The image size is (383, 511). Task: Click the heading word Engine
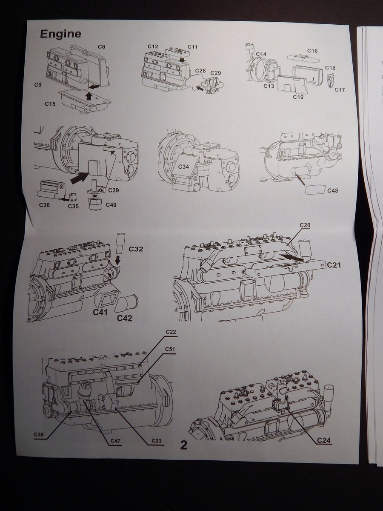click(x=60, y=34)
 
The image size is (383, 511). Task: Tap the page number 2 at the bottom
click(x=184, y=445)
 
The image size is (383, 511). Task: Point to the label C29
click(x=216, y=73)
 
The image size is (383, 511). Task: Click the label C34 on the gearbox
click(x=183, y=166)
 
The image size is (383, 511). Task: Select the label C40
click(x=111, y=205)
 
